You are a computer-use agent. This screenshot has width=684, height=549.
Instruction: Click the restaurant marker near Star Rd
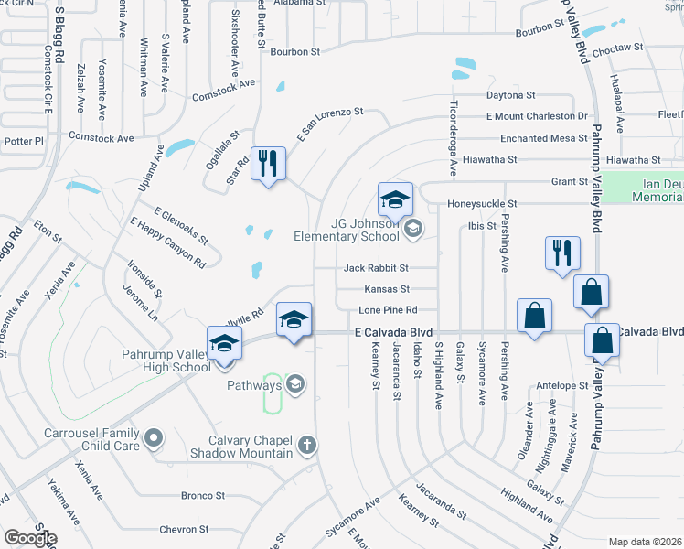(x=268, y=165)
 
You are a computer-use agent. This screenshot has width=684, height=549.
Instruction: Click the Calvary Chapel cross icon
(x=308, y=446)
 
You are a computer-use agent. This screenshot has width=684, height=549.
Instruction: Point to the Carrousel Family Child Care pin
(x=154, y=438)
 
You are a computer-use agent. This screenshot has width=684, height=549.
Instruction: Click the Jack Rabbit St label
(x=376, y=269)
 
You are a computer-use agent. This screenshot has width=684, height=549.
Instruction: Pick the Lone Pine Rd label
(x=388, y=310)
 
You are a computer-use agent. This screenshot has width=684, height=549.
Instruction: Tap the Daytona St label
(x=510, y=95)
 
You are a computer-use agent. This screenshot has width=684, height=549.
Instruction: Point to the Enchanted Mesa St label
(x=543, y=138)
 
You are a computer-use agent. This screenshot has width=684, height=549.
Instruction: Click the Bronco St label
(x=203, y=496)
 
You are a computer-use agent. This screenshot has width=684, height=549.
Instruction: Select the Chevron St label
(x=185, y=529)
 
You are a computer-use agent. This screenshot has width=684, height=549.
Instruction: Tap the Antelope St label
(x=562, y=385)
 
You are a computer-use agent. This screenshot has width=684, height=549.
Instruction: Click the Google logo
(x=29, y=538)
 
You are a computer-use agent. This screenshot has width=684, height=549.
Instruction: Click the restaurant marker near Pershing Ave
(x=561, y=253)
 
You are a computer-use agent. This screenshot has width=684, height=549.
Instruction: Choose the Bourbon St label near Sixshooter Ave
(x=294, y=52)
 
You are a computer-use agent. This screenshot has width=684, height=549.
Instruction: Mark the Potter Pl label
(x=24, y=141)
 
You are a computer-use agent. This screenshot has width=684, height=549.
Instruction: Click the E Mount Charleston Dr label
(x=537, y=116)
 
